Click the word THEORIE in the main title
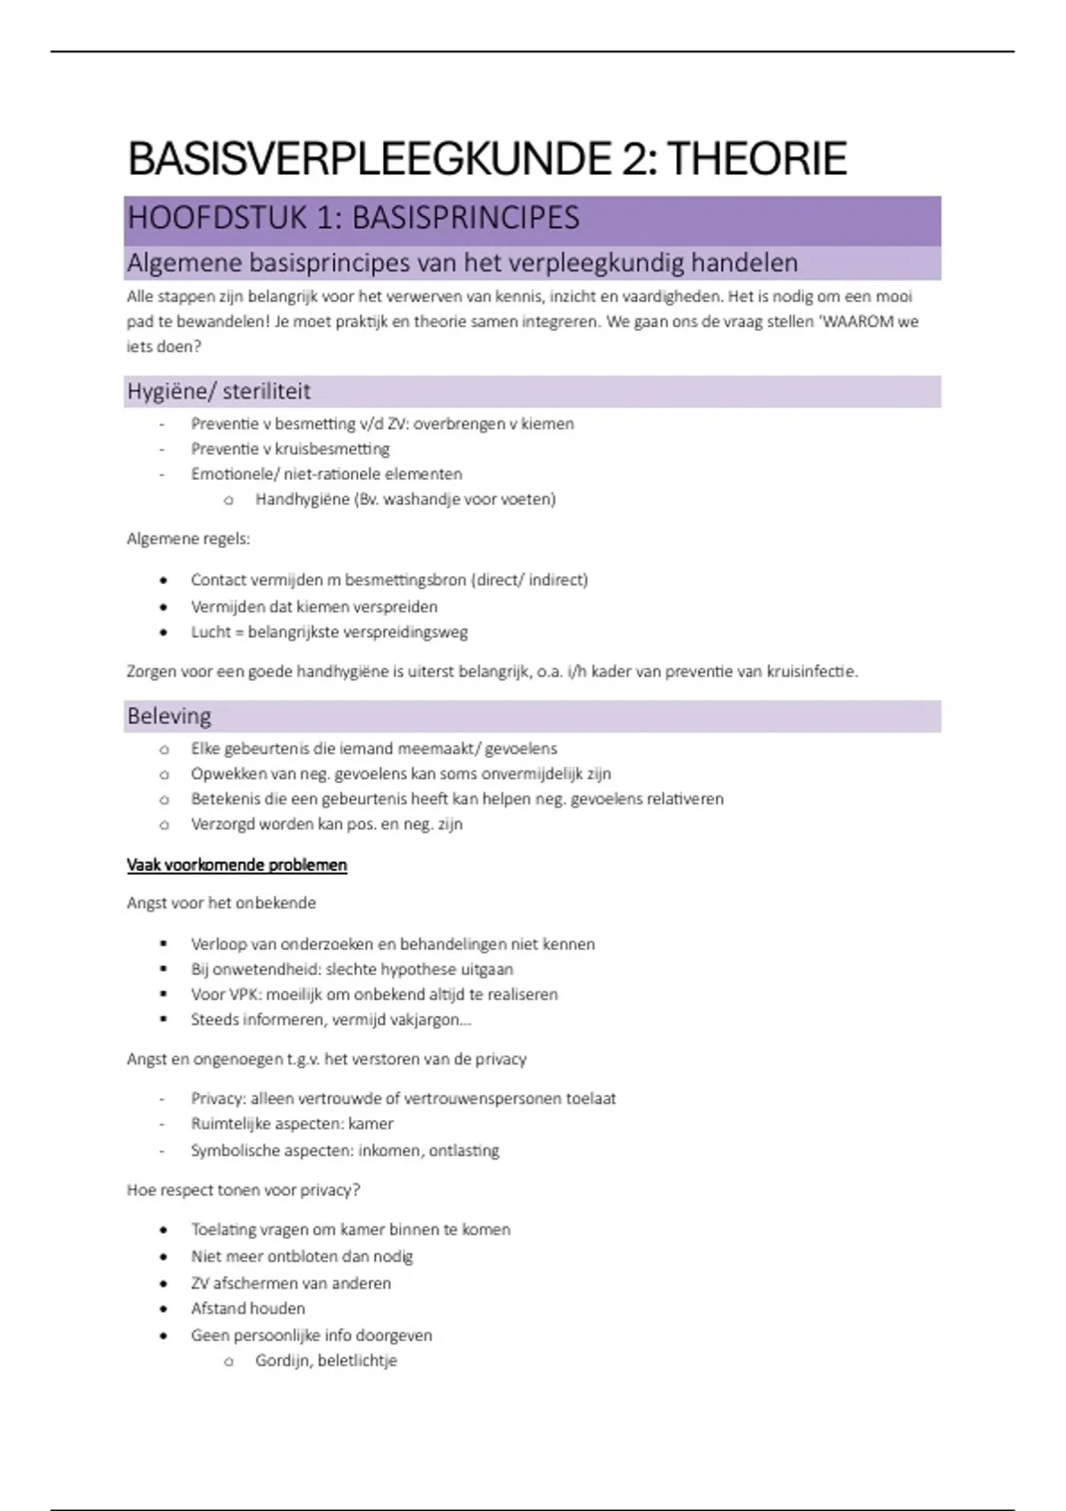[757, 159]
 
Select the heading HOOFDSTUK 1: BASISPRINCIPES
[354, 219]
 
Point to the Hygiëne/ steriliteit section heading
[219, 391]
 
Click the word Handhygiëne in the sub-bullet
[302, 500]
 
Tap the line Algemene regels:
[188, 539]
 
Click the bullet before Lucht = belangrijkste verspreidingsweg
[163, 633]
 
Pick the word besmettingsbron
[405, 580]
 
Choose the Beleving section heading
[170, 716]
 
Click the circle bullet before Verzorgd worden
[163, 825]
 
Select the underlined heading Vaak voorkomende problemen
[237, 866]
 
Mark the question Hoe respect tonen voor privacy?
[243, 1190]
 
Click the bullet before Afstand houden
[163, 1309]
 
